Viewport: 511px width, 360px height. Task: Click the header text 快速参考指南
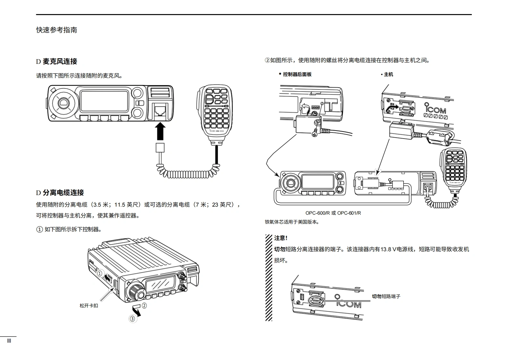[x=56, y=30]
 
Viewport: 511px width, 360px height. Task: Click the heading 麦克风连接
[x=60, y=61]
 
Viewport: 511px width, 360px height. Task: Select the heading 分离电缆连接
[x=63, y=193]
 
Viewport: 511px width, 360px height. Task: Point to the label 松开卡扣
[x=89, y=306]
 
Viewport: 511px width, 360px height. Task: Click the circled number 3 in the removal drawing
[x=132, y=319]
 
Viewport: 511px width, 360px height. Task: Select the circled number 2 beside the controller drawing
[x=144, y=306]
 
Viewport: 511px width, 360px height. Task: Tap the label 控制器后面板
[x=297, y=74]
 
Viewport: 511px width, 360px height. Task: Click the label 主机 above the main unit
[x=388, y=74]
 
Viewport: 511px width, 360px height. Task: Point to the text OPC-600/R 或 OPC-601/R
[x=333, y=213]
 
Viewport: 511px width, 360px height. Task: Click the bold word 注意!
[x=281, y=238]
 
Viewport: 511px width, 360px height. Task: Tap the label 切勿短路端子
[x=386, y=296]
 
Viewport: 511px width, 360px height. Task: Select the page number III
[x=9, y=341]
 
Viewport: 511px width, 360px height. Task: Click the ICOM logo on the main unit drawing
[x=435, y=109]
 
